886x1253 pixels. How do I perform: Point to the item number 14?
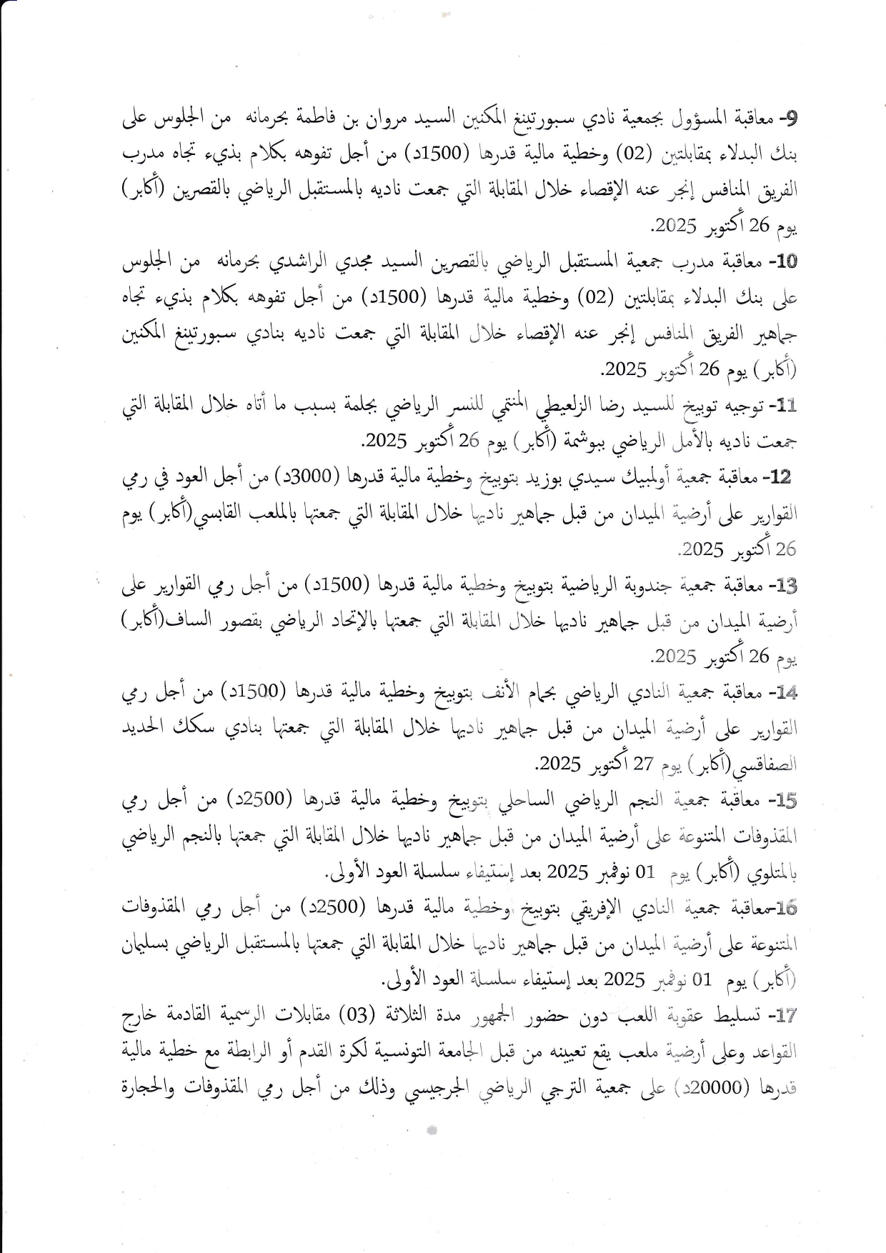pyautogui.click(x=785, y=692)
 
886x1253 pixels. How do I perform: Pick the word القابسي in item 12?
pyautogui.click(x=210, y=513)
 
